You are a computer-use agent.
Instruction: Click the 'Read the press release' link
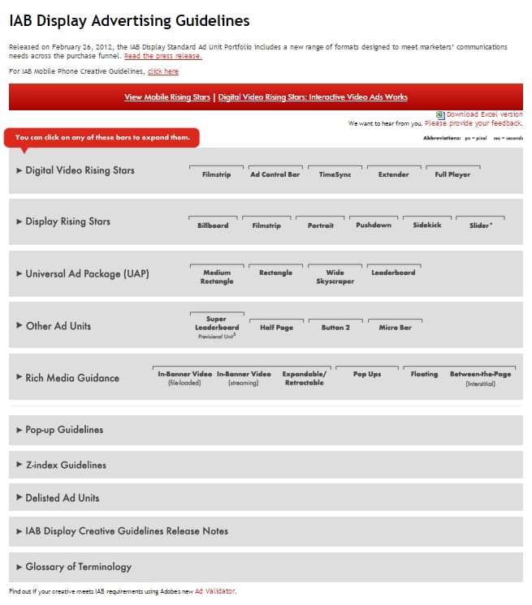point(162,56)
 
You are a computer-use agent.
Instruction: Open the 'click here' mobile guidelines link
point(162,71)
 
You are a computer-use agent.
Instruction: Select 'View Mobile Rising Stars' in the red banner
point(167,97)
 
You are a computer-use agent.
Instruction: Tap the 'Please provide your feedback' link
point(474,123)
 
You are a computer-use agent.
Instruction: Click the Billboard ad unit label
point(213,225)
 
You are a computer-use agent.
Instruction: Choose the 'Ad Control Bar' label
point(275,174)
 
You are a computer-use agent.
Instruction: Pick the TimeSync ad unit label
point(335,174)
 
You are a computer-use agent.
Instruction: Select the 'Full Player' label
point(452,174)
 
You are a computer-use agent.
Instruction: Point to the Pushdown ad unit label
point(374,225)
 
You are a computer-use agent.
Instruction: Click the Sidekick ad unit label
point(426,225)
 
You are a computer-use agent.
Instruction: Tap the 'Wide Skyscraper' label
point(335,277)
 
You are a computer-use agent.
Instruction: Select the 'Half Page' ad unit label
point(276,328)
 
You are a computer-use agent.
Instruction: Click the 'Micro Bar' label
point(395,328)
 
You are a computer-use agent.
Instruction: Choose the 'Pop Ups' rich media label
point(367,374)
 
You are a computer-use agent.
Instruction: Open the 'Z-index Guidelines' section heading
point(66,465)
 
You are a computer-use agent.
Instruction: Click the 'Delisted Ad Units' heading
point(63,497)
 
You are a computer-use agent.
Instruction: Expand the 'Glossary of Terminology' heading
point(78,567)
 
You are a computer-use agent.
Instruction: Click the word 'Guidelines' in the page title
point(209,21)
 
